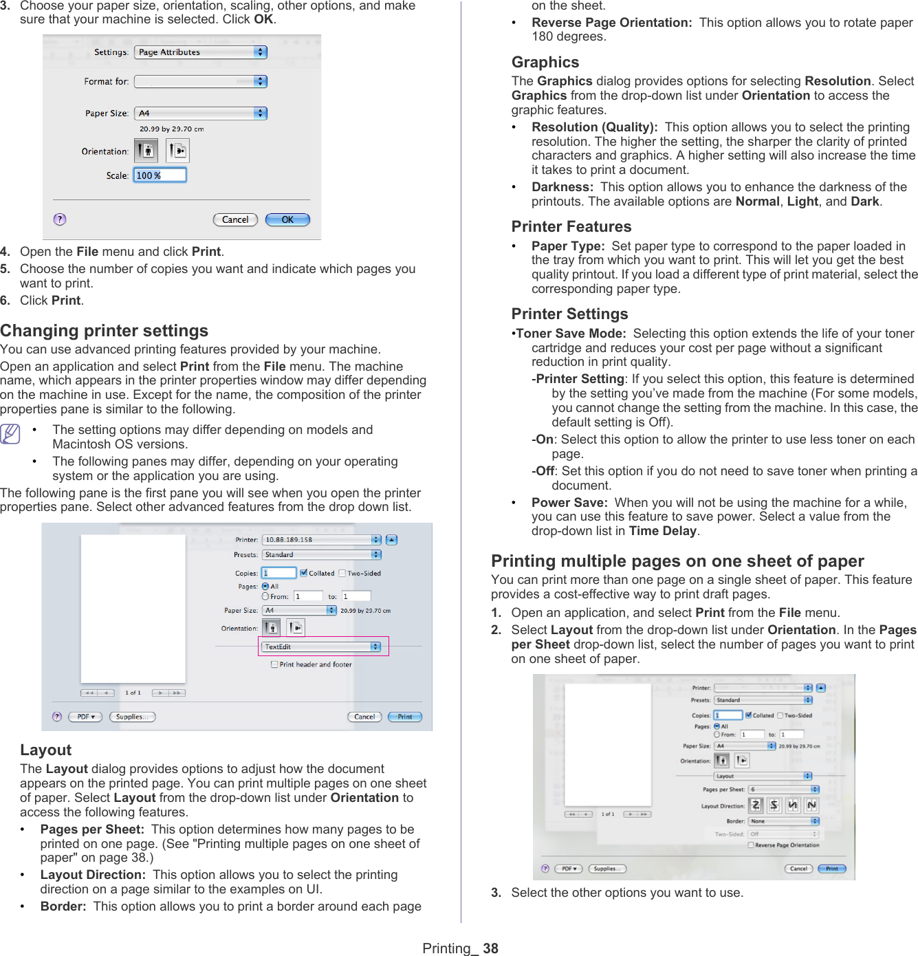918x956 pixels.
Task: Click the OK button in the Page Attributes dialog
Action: coord(287,220)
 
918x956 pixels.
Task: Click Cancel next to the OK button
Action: coord(235,220)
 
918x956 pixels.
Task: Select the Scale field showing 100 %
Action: coord(160,175)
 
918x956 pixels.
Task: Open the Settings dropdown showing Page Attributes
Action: coord(201,52)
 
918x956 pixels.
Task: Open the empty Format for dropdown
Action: coord(201,82)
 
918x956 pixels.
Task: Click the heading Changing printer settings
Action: coord(105,331)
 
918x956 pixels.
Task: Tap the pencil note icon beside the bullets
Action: coord(10,434)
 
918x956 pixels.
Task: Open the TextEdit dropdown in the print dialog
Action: coord(322,647)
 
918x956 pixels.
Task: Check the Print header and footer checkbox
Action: coord(274,664)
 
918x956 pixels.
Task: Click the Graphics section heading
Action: coord(545,63)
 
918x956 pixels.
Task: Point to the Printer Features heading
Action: coord(571,227)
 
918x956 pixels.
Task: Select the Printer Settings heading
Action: coord(569,314)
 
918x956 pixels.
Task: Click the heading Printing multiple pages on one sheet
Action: coord(677,561)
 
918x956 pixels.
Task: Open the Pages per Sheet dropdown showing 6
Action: coord(784,790)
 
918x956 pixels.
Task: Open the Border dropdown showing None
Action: coord(784,821)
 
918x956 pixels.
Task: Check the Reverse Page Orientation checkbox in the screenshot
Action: coord(751,845)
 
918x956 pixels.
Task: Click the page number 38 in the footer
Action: coord(490,948)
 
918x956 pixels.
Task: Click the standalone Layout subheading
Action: coord(46,750)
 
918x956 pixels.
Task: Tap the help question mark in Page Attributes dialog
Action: coord(60,219)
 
